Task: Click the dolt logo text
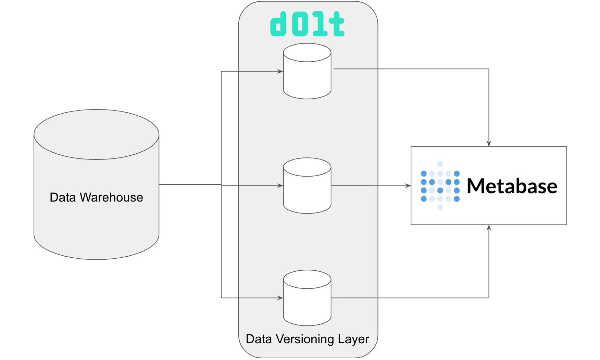307,24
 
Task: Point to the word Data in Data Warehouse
63,197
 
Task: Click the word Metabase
512,187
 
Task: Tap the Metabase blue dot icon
440,186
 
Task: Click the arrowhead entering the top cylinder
280,71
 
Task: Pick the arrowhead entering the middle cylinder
280,185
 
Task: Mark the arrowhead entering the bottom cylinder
280,298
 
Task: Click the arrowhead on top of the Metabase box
489,143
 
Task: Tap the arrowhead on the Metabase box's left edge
408,186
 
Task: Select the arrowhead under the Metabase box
489,228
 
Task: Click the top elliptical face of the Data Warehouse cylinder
97,134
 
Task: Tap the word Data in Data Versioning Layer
259,339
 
